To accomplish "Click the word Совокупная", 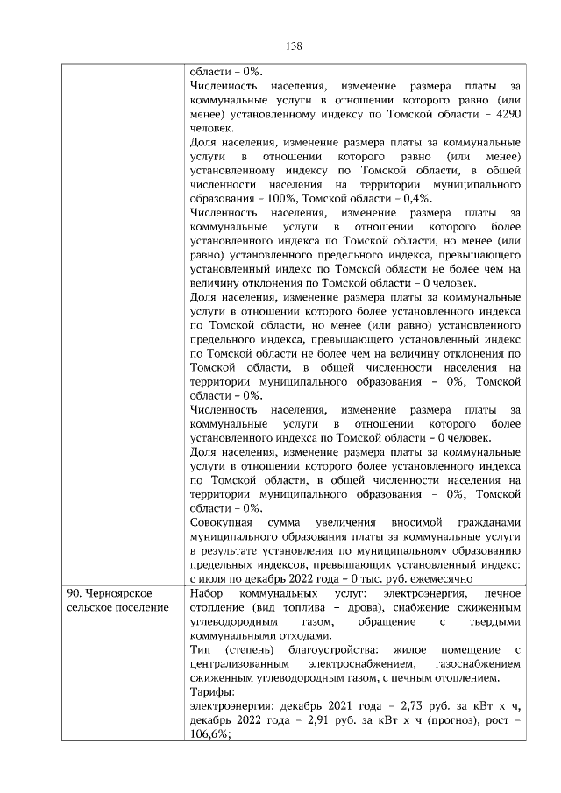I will click(x=223, y=522).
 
